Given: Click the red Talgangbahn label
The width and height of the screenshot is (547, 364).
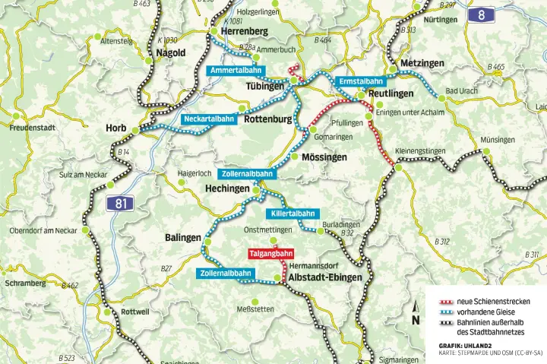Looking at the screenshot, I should click(x=270, y=253).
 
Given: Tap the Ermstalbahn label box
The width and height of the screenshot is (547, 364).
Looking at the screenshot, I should click(x=361, y=81).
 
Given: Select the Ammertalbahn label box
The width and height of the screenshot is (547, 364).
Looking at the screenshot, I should click(x=235, y=71).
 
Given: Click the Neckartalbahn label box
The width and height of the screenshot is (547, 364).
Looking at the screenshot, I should click(x=208, y=119).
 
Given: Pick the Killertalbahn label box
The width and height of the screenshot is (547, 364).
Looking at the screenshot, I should click(x=292, y=214).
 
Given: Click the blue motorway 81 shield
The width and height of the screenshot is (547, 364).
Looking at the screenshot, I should click(x=117, y=203).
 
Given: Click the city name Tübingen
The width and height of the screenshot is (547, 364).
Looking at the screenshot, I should click(x=264, y=87).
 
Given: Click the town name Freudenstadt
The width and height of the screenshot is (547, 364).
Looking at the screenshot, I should click(x=33, y=128).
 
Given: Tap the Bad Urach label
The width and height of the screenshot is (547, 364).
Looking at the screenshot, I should click(x=461, y=91).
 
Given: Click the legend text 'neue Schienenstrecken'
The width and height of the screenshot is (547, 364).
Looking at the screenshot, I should click(x=493, y=302).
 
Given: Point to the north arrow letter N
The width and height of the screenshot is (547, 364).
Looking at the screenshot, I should click(x=416, y=320).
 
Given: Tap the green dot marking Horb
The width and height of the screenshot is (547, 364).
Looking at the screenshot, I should click(x=135, y=131).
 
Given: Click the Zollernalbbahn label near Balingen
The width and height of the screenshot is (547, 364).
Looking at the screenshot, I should click(x=226, y=273).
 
